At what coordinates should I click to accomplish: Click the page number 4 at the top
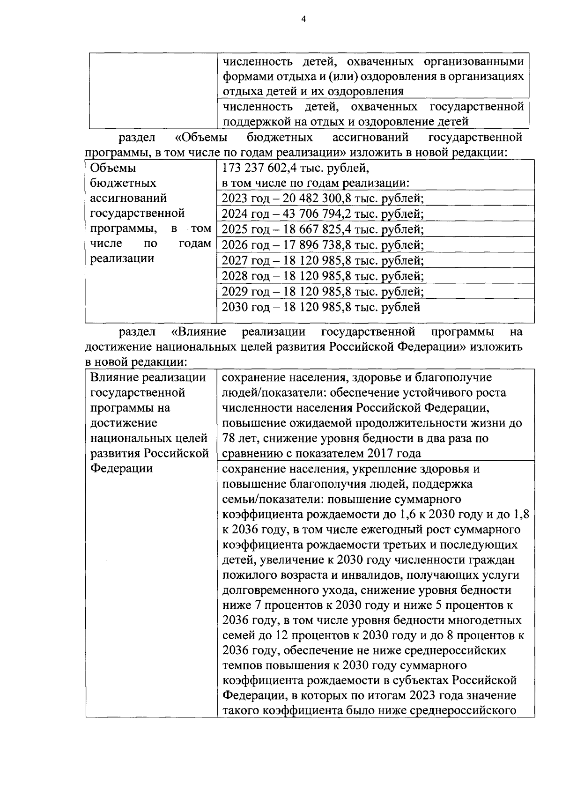(x=303, y=19)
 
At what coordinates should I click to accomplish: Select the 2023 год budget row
(x=323, y=198)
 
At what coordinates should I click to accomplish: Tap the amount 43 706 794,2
(x=317, y=214)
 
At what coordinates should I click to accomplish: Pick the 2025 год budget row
(x=323, y=229)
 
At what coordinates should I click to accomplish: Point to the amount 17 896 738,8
(x=317, y=245)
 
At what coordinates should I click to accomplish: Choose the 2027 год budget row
(x=323, y=260)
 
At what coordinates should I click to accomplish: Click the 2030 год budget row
(x=321, y=307)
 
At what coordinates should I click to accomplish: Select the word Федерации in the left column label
(x=121, y=468)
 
